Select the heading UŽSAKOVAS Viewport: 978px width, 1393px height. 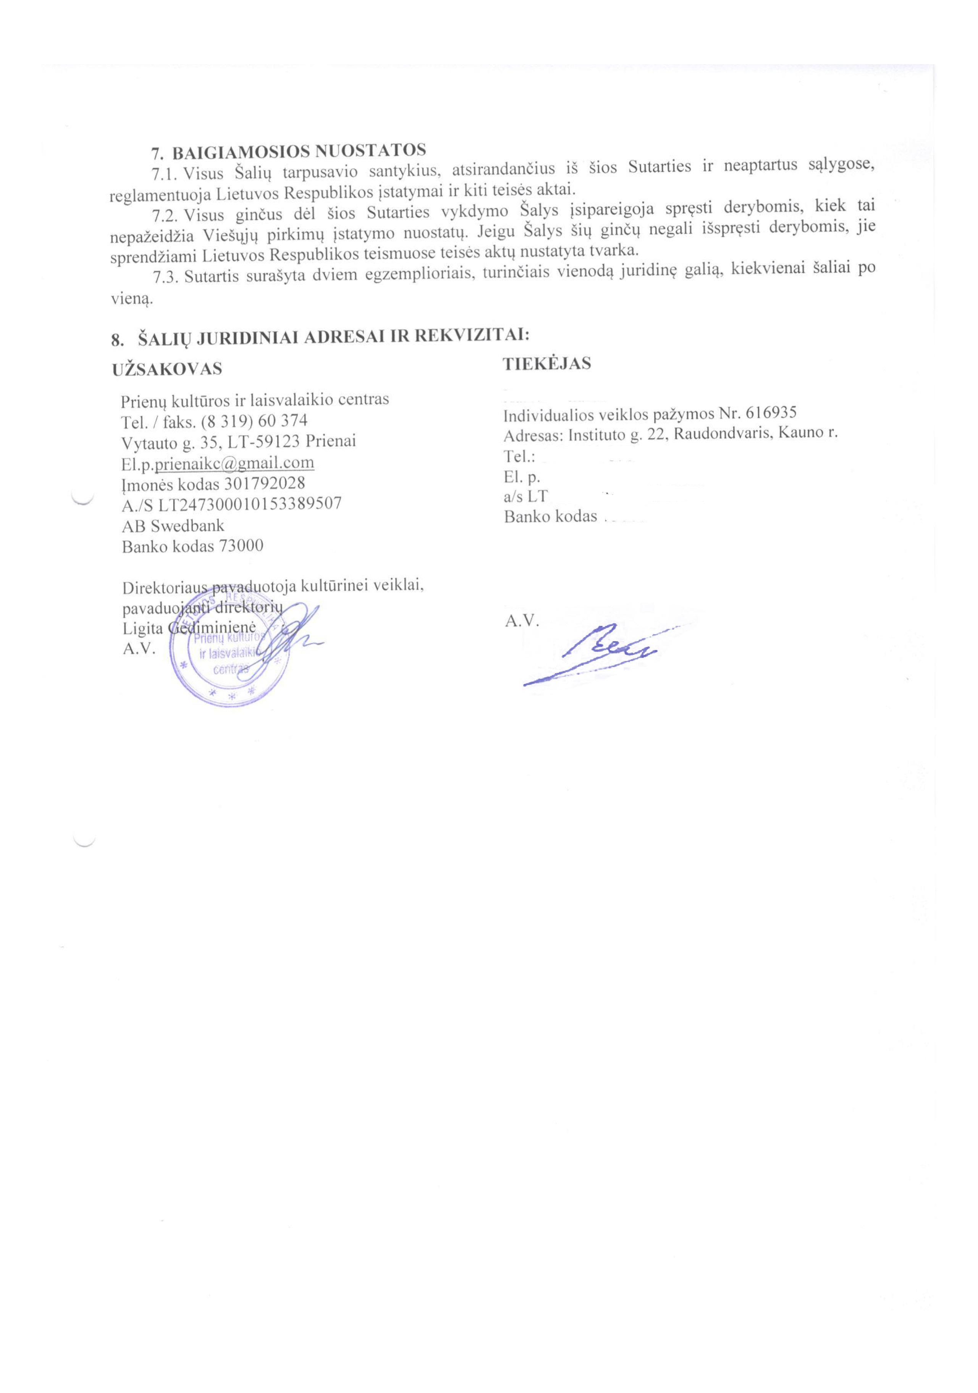point(167,369)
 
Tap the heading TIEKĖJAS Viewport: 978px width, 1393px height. point(546,364)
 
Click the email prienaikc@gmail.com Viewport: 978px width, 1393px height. point(235,463)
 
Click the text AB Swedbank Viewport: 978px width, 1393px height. point(173,525)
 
